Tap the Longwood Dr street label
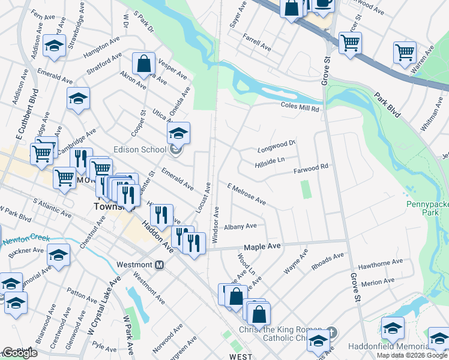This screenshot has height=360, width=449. [277, 145]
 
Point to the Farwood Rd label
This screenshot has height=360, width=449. [312, 170]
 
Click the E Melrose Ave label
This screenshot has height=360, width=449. [246, 194]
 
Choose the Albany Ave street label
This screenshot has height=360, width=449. [240, 227]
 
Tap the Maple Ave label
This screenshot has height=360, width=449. [262, 247]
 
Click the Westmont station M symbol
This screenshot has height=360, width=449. [160, 265]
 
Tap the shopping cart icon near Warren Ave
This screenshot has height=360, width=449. [405, 52]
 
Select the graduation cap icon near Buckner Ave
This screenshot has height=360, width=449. [58, 256]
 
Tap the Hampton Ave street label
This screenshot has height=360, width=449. [102, 47]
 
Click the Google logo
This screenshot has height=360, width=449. [20, 353]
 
